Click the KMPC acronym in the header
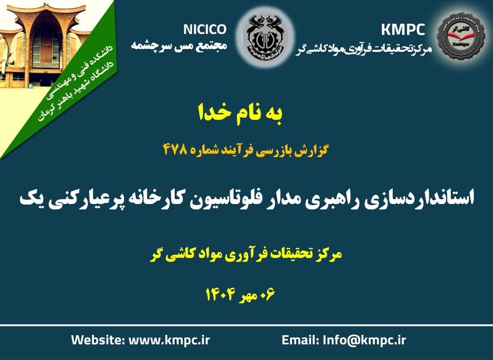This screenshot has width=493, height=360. (403, 30)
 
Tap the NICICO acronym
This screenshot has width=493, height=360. (204, 30)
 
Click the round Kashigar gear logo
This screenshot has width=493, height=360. (461, 36)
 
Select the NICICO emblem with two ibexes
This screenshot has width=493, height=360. (265, 37)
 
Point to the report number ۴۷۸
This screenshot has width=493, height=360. (175, 149)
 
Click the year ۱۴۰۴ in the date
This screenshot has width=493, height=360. (221, 294)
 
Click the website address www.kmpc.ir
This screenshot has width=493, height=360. (169, 340)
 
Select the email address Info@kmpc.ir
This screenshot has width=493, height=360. (365, 340)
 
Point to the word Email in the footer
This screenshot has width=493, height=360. (300, 340)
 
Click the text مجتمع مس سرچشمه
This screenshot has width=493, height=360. (179, 46)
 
